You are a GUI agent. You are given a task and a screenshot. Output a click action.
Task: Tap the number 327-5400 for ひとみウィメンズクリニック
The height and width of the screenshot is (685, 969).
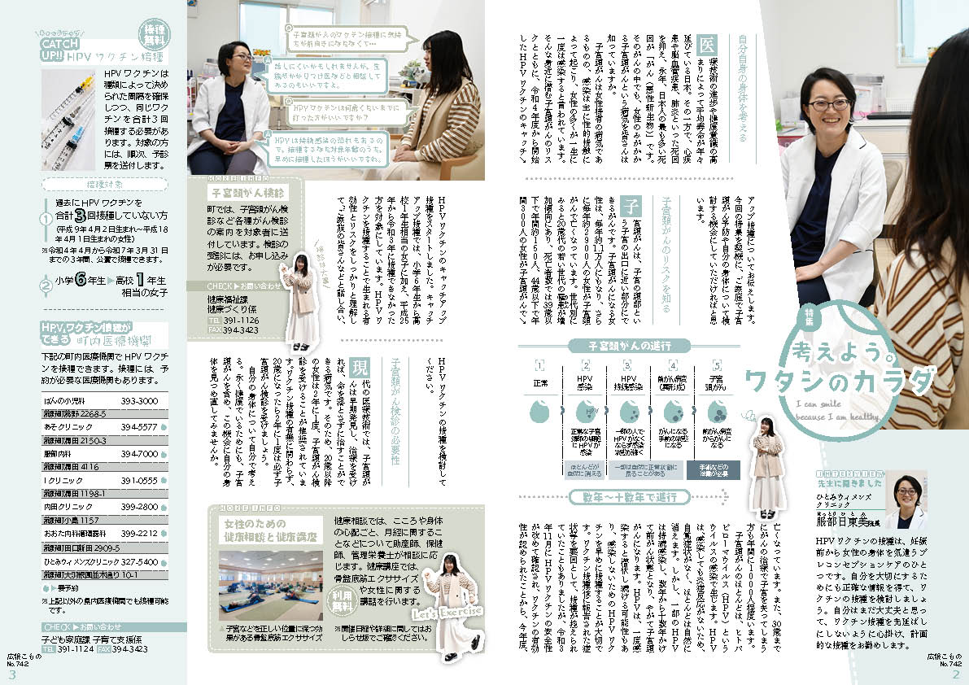pyautogui.click(x=140, y=561)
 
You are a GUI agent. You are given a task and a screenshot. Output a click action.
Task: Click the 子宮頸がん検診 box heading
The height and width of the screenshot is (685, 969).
pyautogui.click(x=236, y=194)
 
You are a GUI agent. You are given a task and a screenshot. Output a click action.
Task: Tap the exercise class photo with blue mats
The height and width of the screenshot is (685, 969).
pyautogui.click(x=271, y=587)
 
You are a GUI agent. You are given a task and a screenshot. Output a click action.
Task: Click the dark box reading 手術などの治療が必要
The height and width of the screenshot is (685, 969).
pyautogui.click(x=716, y=469)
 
